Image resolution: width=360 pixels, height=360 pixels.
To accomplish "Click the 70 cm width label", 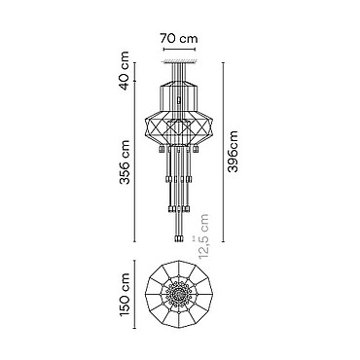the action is [x=178, y=39].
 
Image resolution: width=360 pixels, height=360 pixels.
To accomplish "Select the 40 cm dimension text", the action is [x=125, y=71].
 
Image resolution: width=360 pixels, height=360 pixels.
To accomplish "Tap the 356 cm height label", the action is [x=125, y=162].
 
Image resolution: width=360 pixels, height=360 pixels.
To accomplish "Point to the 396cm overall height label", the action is [x=233, y=151].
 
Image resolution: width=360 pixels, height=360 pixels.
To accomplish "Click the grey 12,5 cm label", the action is [x=203, y=236].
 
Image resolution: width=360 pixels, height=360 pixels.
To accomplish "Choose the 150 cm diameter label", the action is [x=125, y=295].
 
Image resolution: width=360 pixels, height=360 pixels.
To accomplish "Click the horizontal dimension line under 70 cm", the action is [x=179, y=50].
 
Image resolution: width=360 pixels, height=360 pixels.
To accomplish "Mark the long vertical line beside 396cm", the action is [x=224, y=152].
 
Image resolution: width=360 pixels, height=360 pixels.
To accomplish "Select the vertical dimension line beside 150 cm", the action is [x=134, y=294].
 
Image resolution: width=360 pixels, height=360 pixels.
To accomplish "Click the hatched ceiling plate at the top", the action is [x=180, y=61].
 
